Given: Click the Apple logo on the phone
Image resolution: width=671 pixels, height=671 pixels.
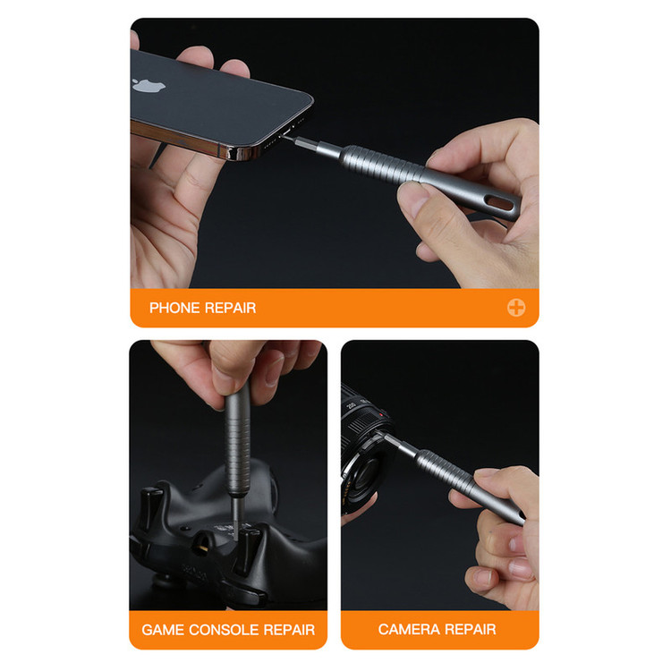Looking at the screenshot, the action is point(149,84).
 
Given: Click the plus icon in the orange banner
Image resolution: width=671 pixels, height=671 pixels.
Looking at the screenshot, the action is point(516,307).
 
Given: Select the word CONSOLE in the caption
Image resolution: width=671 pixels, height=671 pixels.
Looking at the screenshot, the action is point(224,630).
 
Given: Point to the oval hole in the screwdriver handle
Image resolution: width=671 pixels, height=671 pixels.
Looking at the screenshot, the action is point(500,202).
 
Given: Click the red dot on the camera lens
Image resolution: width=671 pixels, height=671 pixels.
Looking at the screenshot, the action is point(380,414).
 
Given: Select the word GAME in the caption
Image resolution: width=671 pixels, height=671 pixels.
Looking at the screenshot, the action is point(163,630).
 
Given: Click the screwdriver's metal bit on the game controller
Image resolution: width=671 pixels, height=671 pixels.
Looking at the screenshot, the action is point(234,514).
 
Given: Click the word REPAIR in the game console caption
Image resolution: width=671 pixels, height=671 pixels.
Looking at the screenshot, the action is point(289,630).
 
